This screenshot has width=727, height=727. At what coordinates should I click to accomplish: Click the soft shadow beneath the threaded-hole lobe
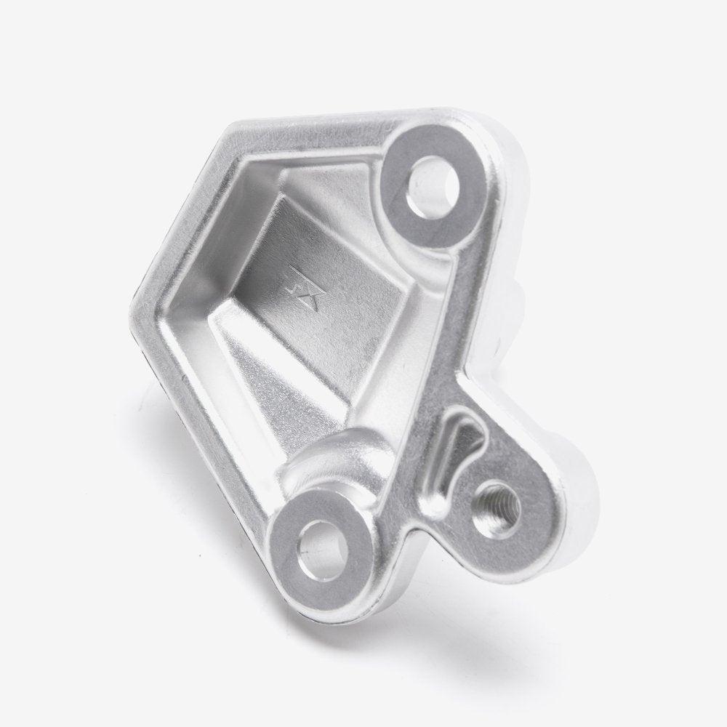pyautogui.click(x=538, y=574)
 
